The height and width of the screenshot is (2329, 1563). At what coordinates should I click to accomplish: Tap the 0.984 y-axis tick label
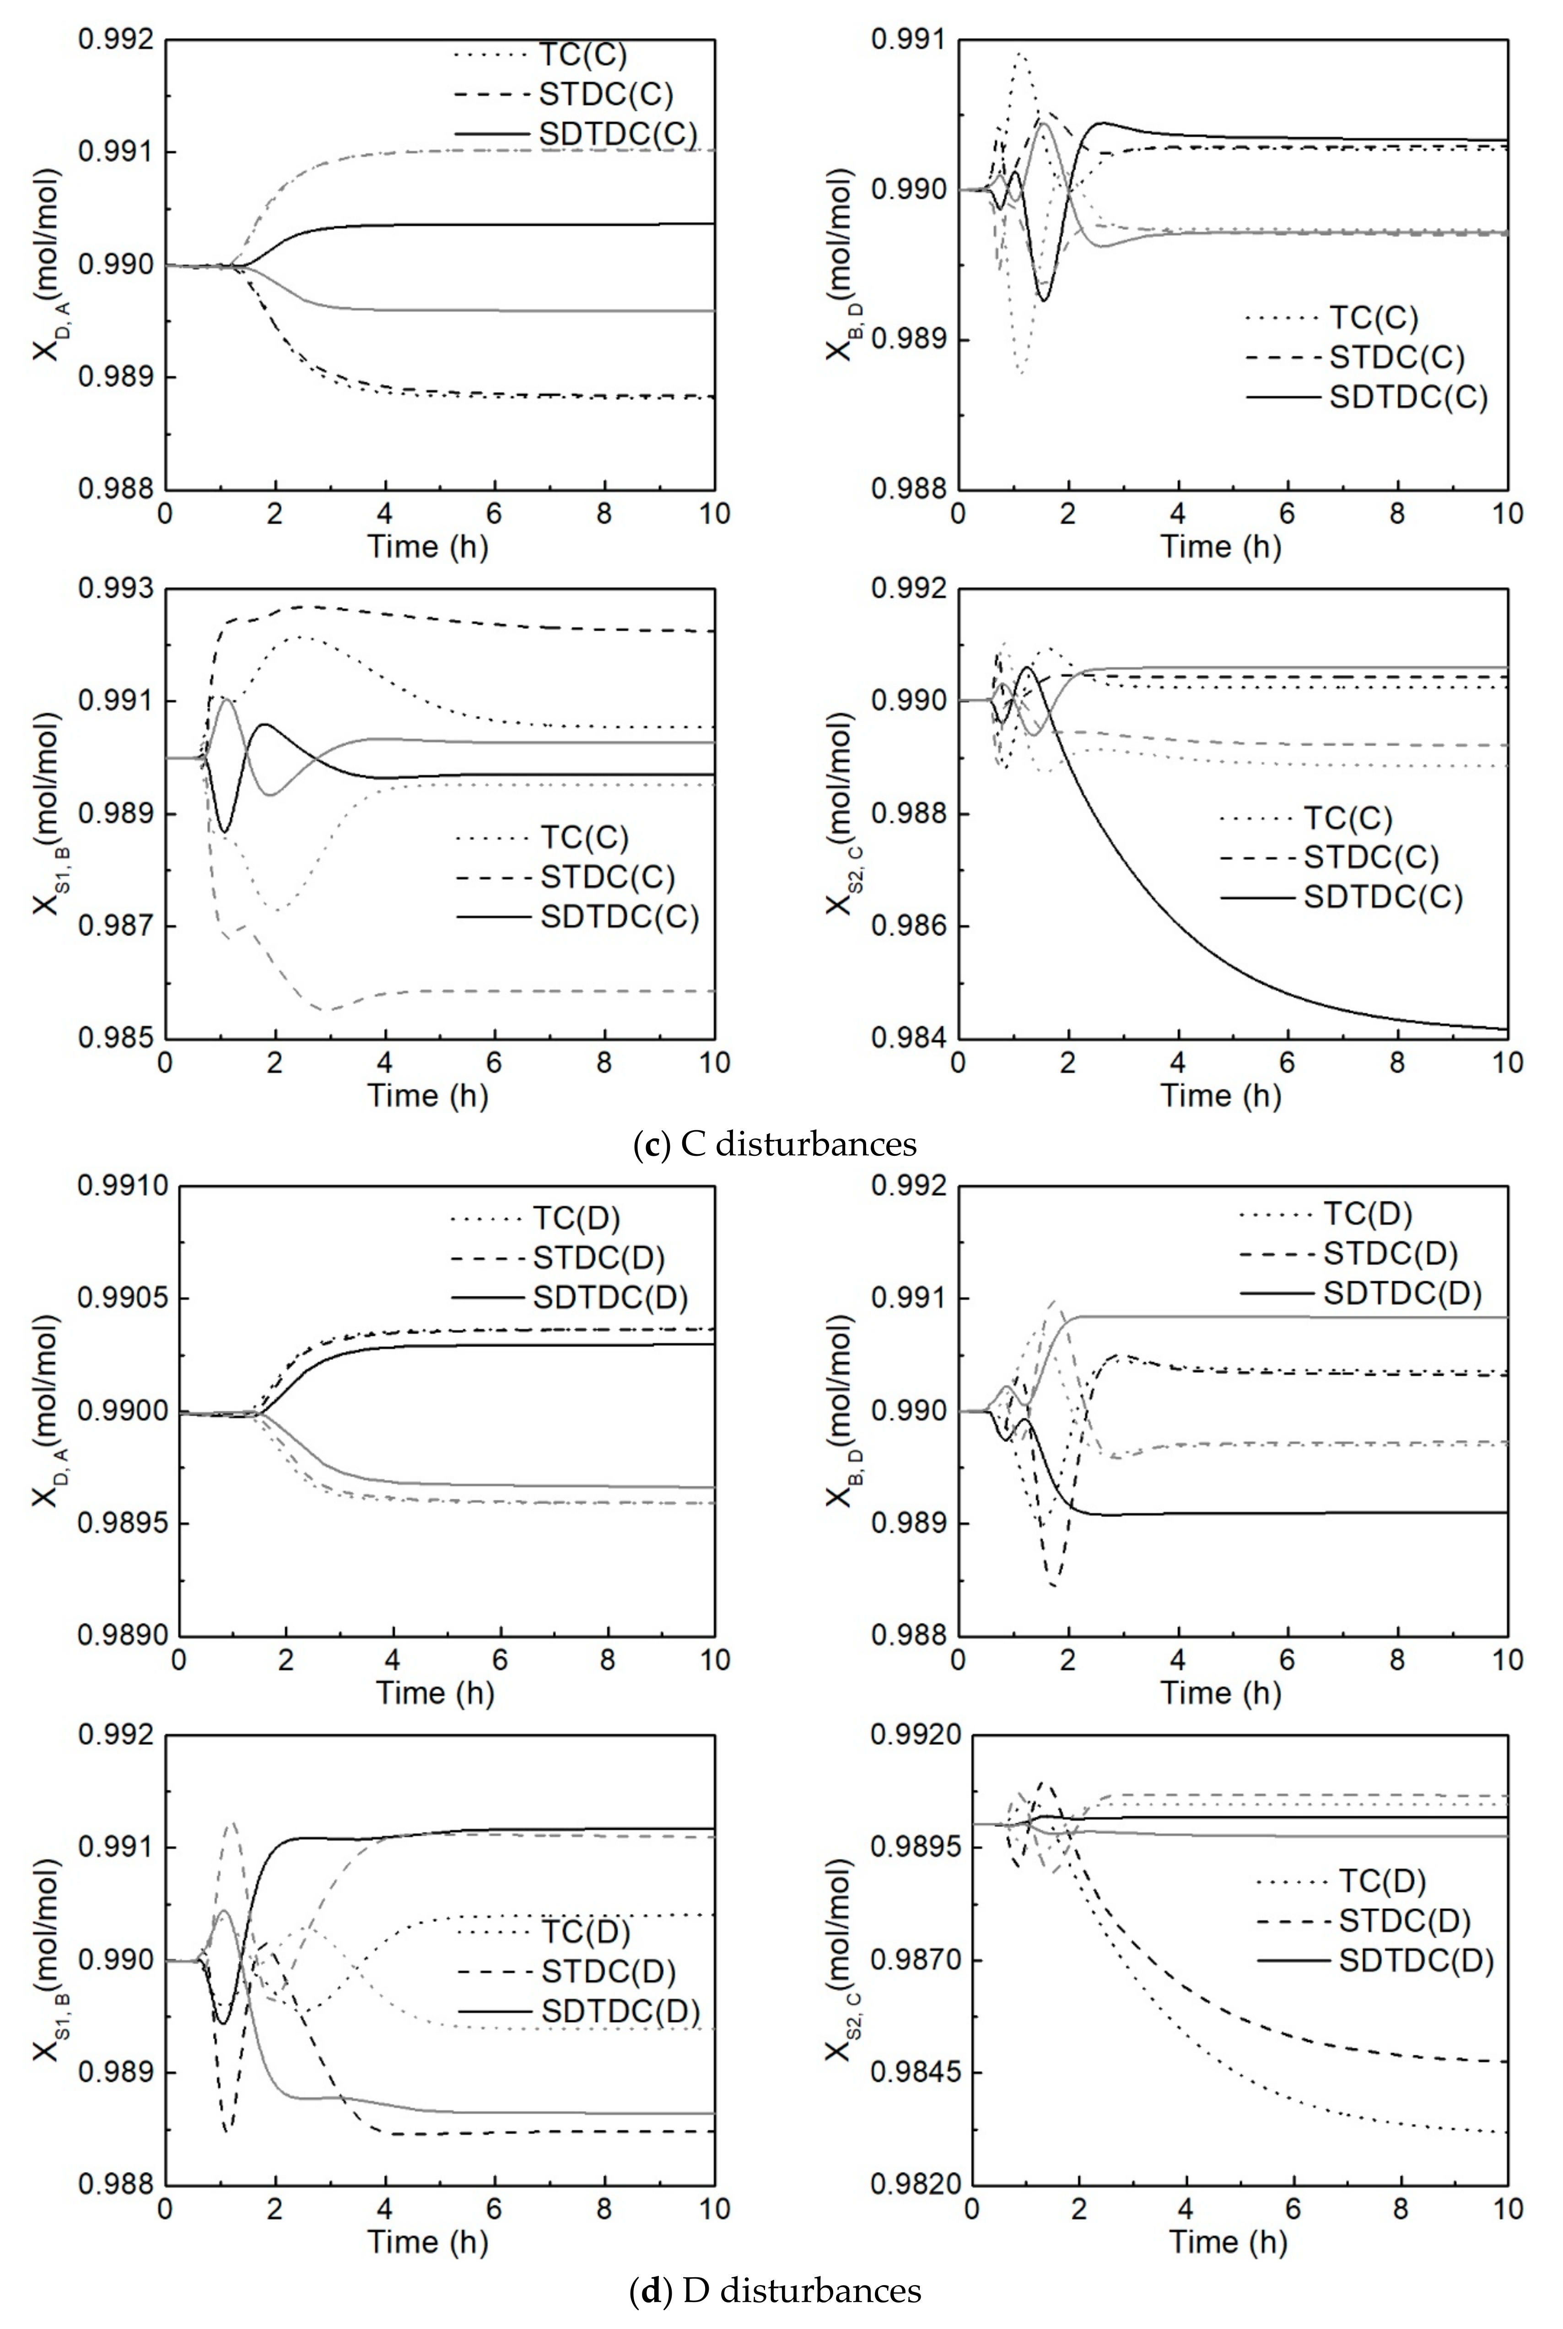coord(909,1038)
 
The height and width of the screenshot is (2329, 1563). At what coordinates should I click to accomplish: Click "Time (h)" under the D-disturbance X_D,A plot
coord(435,1692)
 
